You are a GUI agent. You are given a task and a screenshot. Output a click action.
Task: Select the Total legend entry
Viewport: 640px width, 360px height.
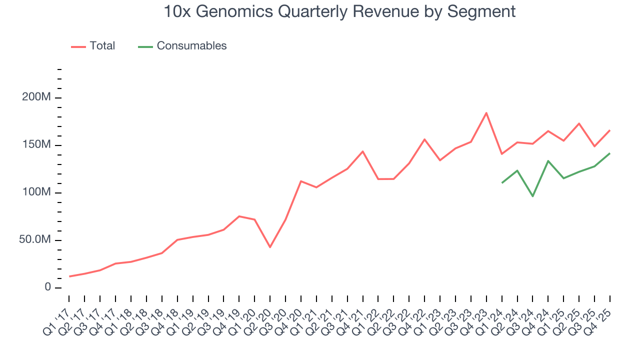point(102,46)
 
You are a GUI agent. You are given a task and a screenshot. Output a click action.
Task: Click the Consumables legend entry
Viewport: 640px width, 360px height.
point(191,46)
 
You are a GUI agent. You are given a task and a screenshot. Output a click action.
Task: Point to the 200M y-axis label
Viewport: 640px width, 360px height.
point(36,97)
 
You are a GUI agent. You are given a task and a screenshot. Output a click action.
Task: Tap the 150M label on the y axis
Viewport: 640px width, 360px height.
point(36,145)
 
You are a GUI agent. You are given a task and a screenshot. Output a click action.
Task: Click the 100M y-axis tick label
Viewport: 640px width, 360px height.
point(36,192)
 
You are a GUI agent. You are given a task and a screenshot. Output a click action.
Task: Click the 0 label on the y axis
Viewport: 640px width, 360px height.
point(47,287)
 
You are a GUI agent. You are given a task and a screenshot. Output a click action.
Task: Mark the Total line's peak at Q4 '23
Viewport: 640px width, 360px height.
point(486,113)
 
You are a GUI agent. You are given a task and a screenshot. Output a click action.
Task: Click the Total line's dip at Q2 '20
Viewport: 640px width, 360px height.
point(270,247)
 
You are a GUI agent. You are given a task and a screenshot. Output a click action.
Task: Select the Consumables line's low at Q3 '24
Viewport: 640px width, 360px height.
point(533,196)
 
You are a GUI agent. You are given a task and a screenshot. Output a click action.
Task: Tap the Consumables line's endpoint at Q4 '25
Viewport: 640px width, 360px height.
point(610,153)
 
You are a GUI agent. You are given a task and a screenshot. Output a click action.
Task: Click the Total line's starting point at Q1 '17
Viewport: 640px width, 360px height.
point(69,276)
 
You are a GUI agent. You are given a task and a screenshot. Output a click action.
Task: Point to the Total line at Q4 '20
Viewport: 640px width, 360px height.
point(301,181)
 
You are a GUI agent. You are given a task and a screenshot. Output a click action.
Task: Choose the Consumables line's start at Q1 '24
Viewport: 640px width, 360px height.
point(502,182)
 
